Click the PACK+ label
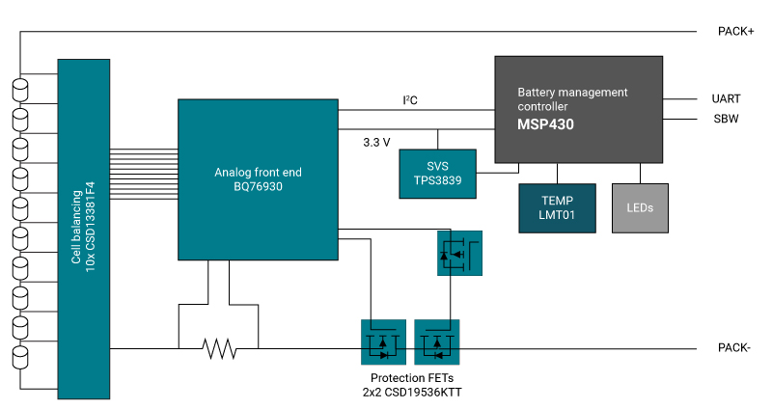pyautogui.click(x=736, y=32)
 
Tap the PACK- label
pyautogui.click(x=735, y=347)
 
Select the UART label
pyautogui.click(x=726, y=98)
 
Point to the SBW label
pyautogui.click(x=725, y=119)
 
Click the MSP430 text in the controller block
pyautogui.click(x=546, y=124)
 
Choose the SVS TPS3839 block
pyautogui.click(x=437, y=174)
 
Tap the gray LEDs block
pyautogui.click(x=640, y=207)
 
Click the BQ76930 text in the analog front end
pyautogui.click(x=258, y=189)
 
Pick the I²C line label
pyautogui.click(x=410, y=100)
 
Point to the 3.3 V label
pyautogui.click(x=376, y=142)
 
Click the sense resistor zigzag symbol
pyautogui.click(x=219, y=347)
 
